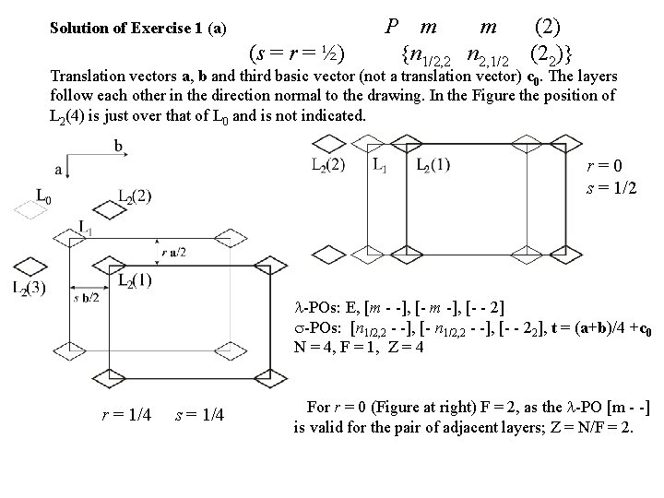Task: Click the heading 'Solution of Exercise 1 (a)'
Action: [x=137, y=28]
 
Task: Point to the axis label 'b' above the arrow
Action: [x=119, y=145]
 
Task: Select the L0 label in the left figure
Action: [x=42, y=195]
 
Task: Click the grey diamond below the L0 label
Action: [x=30, y=210]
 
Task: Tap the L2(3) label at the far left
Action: [x=29, y=289]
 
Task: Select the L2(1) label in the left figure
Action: [x=135, y=279]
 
